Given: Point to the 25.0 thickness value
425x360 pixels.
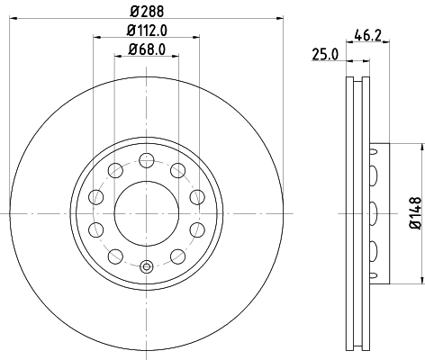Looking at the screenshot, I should point(324,54).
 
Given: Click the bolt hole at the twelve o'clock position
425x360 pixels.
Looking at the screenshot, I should point(146,160).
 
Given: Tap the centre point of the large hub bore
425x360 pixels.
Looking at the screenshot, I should point(146,213).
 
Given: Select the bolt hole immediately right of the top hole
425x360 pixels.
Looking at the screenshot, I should point(177,170).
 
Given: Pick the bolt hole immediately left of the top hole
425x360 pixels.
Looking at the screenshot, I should point(114,170).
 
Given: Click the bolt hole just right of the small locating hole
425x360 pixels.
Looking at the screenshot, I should point(177,256).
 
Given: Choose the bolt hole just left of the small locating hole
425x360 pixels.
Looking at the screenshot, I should point(114,256).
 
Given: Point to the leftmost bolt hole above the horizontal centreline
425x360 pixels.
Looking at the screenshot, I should point(95,197).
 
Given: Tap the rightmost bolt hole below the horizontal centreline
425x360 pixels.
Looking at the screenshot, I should point(196,229).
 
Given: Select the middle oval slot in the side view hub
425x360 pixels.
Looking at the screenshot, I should point(371,213).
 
